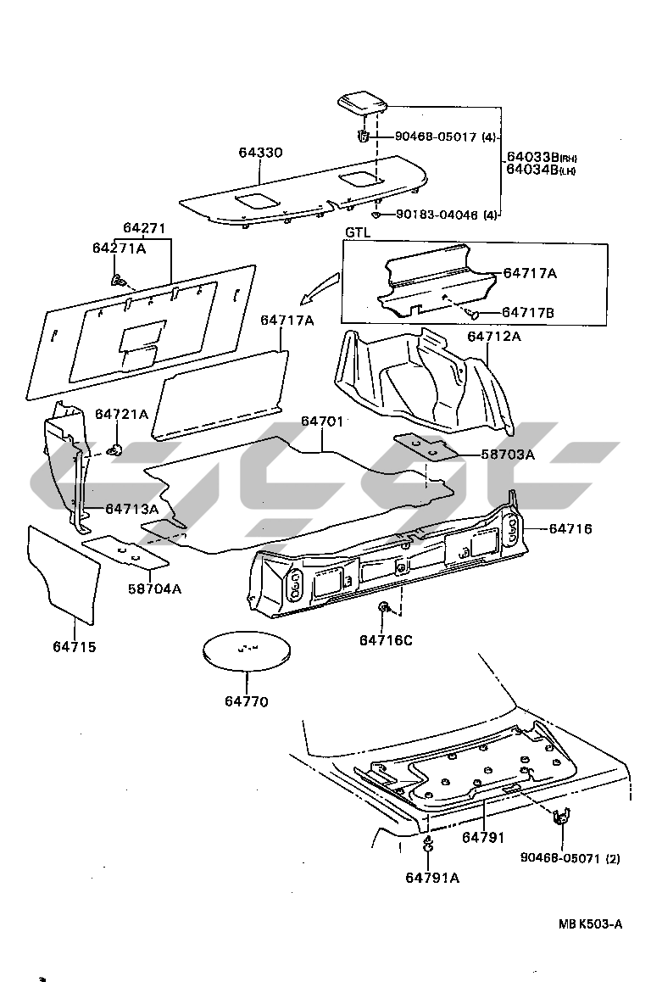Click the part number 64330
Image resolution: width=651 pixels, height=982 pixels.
(259, 153)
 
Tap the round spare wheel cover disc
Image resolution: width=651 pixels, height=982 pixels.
(246, 651)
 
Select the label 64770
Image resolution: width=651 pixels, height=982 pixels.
(246, 701)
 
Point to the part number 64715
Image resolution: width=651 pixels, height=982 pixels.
(75, 647)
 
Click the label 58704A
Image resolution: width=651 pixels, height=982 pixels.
(154, 589)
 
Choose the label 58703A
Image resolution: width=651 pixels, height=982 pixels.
(508, 455)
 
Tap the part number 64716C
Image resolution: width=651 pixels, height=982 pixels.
(384, 640)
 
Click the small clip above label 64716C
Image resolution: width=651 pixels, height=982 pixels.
(384, 607)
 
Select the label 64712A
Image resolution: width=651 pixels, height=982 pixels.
(493, 337)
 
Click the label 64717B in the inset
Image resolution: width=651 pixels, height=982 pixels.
(527, 313)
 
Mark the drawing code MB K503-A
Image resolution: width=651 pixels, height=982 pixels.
(589, 924)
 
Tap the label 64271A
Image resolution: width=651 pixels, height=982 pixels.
(119, 247)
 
